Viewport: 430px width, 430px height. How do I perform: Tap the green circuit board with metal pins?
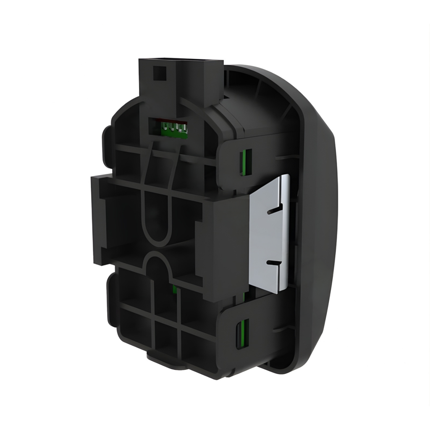pos(172,126)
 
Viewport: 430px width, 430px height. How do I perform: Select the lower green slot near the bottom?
pos(243,333)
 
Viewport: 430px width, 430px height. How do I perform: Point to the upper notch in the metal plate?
pos(275,209)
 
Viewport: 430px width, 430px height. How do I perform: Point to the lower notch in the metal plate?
pos(275,263)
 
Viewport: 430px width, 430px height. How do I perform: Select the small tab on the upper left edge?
pos(106,139)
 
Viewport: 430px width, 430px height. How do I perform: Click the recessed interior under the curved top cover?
pos(256,105)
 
